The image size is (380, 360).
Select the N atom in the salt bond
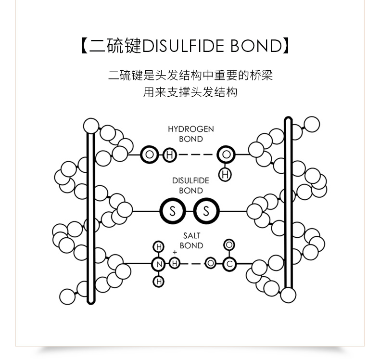coord(158,264)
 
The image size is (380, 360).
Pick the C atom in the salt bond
coord(230,264)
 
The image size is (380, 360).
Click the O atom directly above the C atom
coord(230,245)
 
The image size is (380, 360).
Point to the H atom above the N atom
coord(158,247)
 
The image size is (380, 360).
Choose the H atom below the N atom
coord(158,281)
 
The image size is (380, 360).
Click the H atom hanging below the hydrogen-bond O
coord(225,175)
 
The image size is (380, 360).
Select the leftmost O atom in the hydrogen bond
coord(150,155)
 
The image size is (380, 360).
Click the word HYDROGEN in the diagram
coord(191,129)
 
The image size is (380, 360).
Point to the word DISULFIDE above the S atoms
coord(191,180)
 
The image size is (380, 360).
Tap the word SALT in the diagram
coord(191,235)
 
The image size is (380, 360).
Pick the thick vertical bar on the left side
coord(89,217)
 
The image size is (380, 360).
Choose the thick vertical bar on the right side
coord(288,207)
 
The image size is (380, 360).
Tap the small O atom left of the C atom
coord(210,264)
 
